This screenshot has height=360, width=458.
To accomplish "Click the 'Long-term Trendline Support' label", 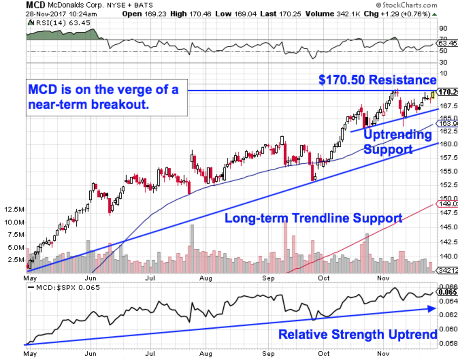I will (313, 218).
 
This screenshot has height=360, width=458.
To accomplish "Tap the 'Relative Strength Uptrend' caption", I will (358, 334).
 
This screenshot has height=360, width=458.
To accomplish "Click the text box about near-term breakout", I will (108, 97).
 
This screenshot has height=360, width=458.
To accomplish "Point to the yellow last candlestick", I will (432, 95).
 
